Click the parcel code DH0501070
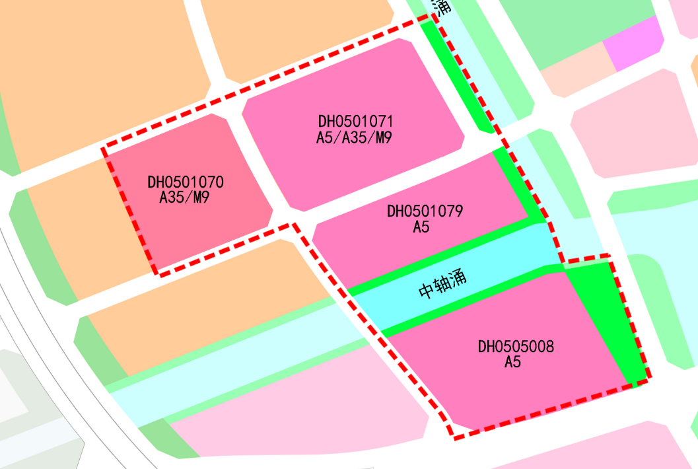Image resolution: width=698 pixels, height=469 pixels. click(x=186, y=182)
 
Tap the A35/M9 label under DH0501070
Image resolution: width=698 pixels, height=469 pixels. click(x=185, y=197)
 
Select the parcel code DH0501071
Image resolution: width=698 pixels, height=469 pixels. click(x=355, y=122)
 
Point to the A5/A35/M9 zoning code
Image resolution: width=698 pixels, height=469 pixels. click(x=355, y=137)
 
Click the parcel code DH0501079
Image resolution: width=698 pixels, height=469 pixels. click(x=425, y=211)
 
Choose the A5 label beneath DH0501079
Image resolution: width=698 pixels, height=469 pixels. click(x=421, y=227)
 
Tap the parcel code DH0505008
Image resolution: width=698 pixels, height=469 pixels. click(x=516, y=346)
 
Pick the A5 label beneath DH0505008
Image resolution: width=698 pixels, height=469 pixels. click(x=513, y=362)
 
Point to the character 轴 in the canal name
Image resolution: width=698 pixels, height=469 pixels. click(x=443, y=284)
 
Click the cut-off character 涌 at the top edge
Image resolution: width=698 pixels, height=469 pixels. click(x=442, y=7)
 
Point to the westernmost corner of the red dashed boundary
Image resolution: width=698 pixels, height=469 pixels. click(x=104, y=149)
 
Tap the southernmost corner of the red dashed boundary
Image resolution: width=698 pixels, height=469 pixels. click(x=454, y=437)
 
